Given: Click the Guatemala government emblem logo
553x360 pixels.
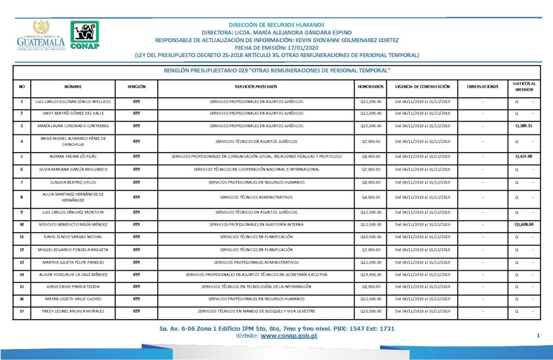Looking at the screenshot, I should [41, 36].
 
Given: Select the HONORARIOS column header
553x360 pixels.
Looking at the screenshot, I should [370, 86].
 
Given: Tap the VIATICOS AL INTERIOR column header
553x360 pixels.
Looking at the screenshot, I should [524, 86].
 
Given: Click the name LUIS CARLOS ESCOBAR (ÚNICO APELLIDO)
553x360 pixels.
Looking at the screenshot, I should [73, 101].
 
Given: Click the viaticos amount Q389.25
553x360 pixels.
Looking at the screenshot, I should [524, 126].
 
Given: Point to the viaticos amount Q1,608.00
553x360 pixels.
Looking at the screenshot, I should [524, 224].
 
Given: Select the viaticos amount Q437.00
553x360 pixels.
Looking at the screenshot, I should [524, 157].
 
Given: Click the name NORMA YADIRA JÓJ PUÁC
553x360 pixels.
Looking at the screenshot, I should [73, 157].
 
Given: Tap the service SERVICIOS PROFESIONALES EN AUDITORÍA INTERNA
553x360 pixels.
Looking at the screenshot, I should [257, 224].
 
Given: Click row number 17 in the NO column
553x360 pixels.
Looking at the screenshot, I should [22, 311].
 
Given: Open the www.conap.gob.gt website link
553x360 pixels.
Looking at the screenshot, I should [288, 336].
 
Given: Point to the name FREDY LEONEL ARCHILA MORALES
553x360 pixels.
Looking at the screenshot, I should [73, 311].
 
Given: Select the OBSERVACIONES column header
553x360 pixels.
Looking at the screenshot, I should [483, 86].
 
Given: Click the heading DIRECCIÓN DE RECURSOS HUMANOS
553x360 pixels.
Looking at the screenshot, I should [276, 25].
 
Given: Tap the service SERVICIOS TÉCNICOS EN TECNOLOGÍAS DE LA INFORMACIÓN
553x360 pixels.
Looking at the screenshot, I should [257, 287].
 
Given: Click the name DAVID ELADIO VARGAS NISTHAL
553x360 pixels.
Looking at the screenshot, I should [73, 237].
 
